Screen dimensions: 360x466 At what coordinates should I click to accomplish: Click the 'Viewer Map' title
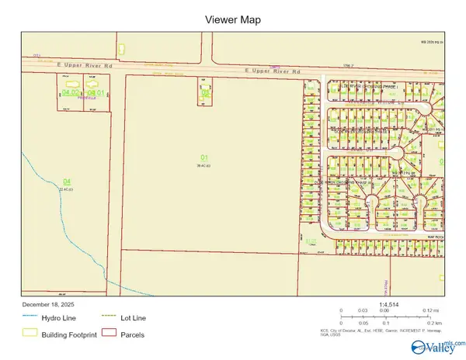pos(233,19)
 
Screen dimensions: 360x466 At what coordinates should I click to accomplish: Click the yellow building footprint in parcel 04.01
pos(96,83)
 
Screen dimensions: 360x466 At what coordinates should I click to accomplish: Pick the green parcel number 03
pos(205,92)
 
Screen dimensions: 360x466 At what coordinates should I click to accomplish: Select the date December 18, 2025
pos(46,304)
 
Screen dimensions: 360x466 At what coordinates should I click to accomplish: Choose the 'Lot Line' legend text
pos(133,318)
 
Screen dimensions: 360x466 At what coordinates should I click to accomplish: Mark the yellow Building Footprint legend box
pos(29,334)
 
